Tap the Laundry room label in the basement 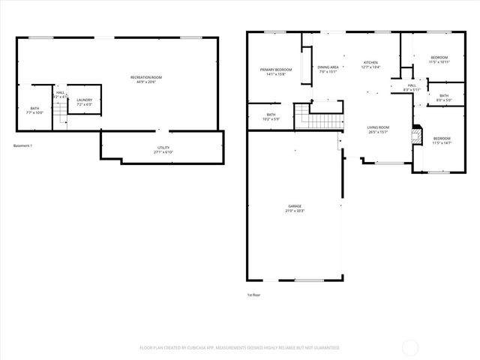84,102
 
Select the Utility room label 163,150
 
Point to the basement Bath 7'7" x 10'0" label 34,110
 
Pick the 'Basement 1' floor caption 23,145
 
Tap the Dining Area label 328,70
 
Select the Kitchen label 371,64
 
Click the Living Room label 377,130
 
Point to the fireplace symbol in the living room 415,136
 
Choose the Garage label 294,208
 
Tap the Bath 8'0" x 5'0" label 443,97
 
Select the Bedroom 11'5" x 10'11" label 439,60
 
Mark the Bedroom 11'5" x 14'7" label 442,140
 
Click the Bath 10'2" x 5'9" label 271,117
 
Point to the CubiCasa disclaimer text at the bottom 240,348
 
